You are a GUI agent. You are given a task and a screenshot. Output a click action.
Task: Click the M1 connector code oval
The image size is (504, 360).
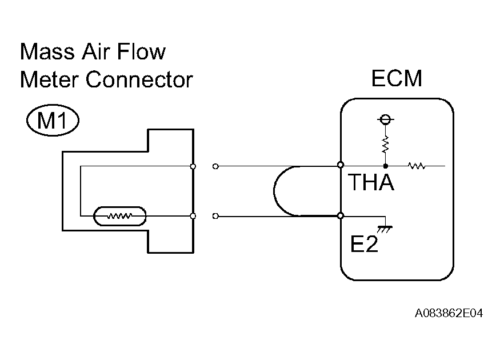(52, 121)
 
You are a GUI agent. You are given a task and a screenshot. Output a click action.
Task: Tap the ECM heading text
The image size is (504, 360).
(397, 79)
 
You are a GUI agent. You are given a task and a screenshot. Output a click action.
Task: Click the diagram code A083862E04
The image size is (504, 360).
(449, 314)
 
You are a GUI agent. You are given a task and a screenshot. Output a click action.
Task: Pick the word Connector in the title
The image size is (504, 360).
(139, 79)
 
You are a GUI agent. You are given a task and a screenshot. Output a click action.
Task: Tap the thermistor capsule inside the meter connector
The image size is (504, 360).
(120, 216)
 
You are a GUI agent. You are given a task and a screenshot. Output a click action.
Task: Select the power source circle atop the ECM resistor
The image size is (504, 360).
(385, 120)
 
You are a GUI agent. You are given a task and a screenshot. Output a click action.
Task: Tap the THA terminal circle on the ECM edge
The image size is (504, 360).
(341, 165)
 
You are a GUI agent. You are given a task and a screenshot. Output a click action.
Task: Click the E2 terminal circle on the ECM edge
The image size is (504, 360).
(341, 216)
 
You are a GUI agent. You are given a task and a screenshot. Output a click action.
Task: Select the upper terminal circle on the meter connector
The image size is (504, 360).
(193, 166)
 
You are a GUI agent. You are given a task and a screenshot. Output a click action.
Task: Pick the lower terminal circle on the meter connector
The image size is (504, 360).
(193, 216)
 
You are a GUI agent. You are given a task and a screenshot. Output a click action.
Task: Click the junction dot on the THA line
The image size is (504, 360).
(385, 166)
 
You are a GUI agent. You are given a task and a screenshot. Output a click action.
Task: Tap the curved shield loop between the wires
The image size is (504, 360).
(277, 191)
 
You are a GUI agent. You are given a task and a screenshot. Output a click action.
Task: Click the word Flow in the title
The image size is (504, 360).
(142, 52)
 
